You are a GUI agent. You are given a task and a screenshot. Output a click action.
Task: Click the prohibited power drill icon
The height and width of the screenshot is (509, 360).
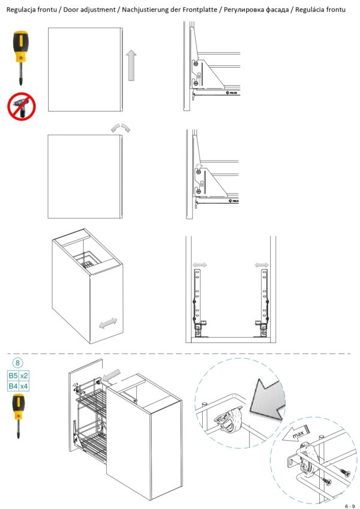(22, 107)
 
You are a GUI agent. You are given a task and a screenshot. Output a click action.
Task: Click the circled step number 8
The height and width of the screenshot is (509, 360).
(19, 363)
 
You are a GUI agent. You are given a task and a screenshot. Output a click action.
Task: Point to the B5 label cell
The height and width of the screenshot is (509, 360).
(13, 376)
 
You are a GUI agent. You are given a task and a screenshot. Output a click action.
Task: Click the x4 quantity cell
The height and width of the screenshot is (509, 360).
(25, 387)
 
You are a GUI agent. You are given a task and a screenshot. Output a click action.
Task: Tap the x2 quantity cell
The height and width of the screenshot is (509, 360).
(25, 376)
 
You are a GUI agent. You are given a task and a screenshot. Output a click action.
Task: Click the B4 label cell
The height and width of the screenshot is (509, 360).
(13, 387)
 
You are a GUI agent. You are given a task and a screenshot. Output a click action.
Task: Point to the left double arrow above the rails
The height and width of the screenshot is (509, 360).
(199, 264)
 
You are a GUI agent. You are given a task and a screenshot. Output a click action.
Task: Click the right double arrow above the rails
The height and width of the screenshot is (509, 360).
(262, 264)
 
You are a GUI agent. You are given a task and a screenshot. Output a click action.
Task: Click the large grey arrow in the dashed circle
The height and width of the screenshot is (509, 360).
(268, 399)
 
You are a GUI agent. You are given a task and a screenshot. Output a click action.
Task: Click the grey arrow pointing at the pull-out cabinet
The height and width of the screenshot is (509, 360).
(110, 377)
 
